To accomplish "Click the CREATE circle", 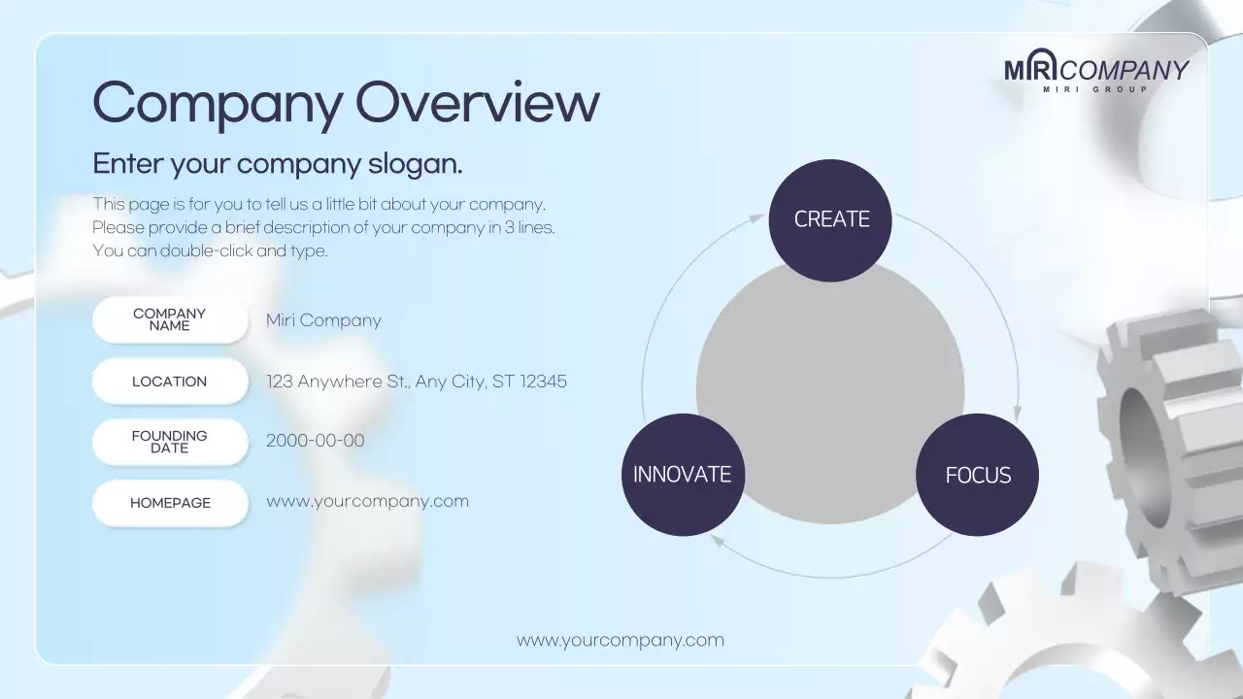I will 830,220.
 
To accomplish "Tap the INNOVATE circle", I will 683,475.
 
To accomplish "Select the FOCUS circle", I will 977,475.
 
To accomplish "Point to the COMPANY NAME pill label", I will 170,319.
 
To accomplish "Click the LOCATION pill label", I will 170,382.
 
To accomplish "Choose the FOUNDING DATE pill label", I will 170,442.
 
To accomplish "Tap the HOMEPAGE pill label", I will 170,503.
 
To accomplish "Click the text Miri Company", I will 323,320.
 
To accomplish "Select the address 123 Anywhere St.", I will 416,382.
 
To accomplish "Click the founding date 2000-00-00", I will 315,441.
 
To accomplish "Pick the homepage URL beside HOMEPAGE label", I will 367,502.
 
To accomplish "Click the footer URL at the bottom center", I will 621,641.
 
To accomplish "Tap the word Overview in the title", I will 477,102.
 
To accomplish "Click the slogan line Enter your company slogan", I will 278,164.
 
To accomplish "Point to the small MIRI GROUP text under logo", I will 1095,89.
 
